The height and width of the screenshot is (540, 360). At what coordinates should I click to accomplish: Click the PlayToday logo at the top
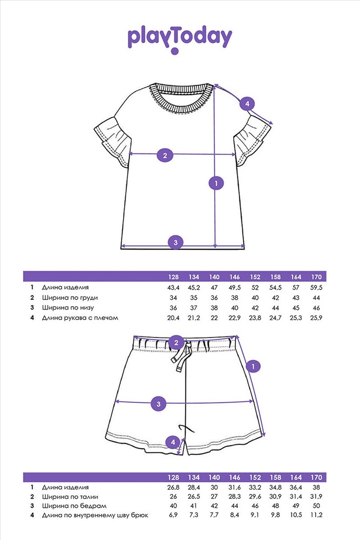pos(180,39)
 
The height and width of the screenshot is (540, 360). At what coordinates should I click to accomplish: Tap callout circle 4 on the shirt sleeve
pos(247,103)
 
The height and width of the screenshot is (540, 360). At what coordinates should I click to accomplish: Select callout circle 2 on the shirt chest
pos(165,156)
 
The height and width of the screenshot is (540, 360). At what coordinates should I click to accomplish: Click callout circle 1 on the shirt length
pos(216,183)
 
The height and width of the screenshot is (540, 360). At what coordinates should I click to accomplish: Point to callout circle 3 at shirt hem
pos(175,242)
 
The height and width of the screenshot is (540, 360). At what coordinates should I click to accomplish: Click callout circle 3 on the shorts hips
pos(158,403)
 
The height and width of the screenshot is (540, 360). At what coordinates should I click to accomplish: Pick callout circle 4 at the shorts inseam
pos(173,442)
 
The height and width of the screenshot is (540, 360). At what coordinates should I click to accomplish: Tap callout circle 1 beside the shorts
pos(253,367)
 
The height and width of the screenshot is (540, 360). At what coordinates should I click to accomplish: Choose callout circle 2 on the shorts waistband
pos(176,343)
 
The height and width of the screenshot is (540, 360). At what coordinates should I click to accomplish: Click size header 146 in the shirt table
pos(234,277)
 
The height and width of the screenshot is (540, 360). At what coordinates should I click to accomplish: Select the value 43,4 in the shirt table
pos(173,288)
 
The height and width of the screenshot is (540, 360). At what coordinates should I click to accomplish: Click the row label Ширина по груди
pos(70,298)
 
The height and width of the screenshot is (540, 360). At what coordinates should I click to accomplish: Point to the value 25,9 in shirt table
pos(316,318)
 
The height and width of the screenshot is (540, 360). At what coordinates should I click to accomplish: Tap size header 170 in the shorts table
pos(316,477)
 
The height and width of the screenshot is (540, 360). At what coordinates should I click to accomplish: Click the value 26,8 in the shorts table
pos(173,488)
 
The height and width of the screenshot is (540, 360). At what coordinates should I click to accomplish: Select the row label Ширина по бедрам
pos(74,506)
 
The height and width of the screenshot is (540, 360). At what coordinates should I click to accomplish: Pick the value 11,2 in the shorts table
pos(316,515)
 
